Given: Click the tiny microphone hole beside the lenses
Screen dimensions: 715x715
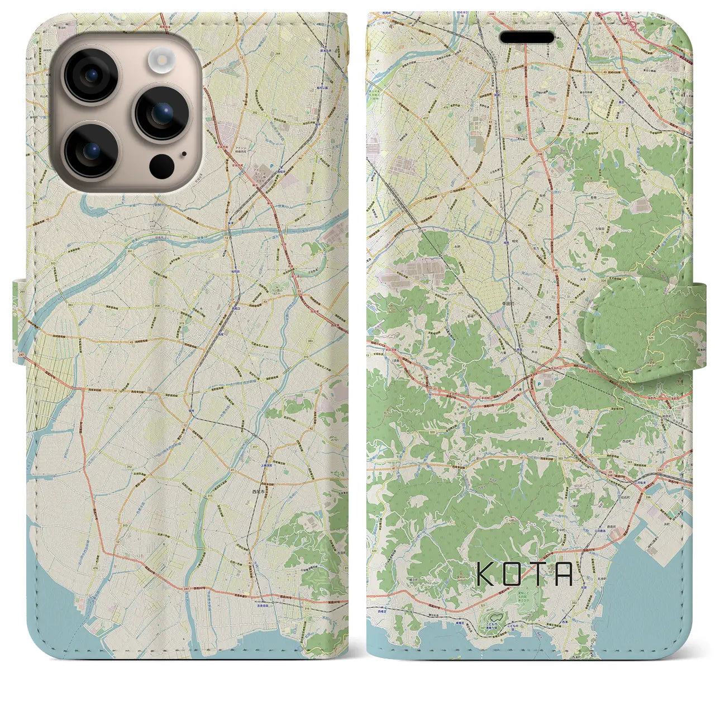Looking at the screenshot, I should pyautogui.click(x=184, y=154).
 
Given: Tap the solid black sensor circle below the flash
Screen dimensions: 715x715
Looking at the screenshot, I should pyautogui.click(x=161, y=165).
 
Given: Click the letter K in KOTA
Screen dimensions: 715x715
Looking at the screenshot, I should pyautogui.click(x=484, y=574).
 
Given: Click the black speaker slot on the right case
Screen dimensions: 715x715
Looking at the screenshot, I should pyautogui.click(x=527, y=37).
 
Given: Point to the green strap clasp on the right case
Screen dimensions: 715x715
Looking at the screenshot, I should pyautogui.click(x=637, y=327).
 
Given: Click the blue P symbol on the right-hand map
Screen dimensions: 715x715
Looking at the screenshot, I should pyautogui.click(x=538, y=384).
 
